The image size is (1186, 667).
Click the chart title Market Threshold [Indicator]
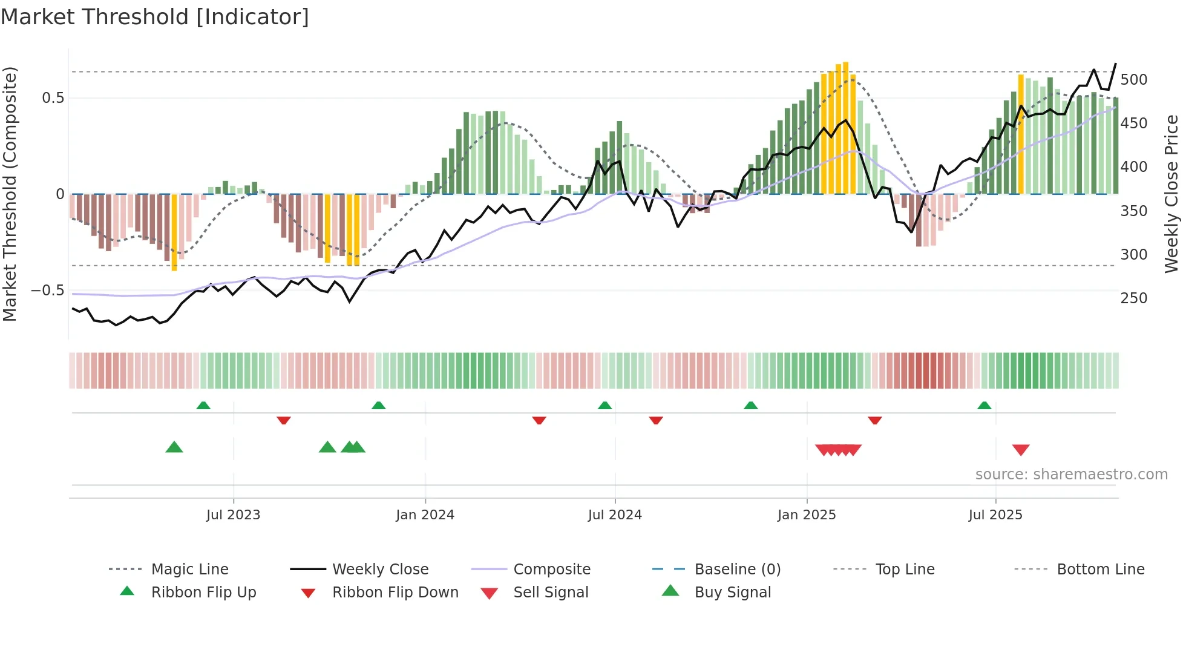(x=155, y=17)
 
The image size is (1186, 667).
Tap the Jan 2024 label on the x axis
(x=425, y=515)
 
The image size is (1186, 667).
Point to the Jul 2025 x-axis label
(x=995, y=515)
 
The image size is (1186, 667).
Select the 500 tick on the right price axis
(x=1133, y=80)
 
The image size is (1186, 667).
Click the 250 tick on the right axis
(x=1133, y=298)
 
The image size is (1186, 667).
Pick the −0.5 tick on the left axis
(x=48, y=291)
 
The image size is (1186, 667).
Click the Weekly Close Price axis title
(x=1172, y=194)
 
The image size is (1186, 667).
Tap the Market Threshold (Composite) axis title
(x=10, y=194)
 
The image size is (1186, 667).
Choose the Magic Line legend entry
(x=189, y=570)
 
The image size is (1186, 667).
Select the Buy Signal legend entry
(x=732, y=593)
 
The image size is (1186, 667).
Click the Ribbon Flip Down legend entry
(x=395, y=593)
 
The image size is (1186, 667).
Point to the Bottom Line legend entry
(x=1100, y=570)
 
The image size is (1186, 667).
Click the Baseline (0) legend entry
(x=737, y=570)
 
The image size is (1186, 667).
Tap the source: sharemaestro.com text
(x=1071, y=475)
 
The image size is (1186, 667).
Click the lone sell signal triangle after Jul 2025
(x=1021, y=450)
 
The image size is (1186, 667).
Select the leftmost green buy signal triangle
(x=174, y=447)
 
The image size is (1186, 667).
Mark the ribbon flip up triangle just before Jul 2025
(x=985, y=406)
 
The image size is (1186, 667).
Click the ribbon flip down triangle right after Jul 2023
(x=284, y=420)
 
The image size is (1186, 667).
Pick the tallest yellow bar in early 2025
(x=845, y=128)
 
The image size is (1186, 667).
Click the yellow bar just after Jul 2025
(x=1021, y=134)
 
